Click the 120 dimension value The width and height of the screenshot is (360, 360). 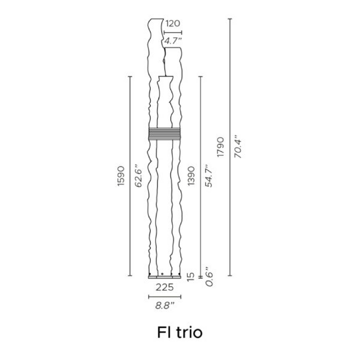click(173, 23)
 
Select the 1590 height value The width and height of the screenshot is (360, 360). click(121, 176)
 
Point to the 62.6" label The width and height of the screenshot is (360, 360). click(139, 176)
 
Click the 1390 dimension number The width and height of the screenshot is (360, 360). click(191, 176)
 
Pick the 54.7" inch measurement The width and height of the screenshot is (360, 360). click(209, 176)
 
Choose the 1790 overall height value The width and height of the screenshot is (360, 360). click(221, 147)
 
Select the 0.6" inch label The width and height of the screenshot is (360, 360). click(209, 276)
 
